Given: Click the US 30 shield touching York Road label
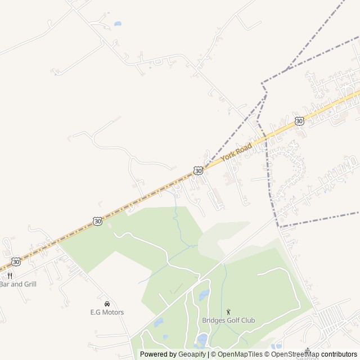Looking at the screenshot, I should tap(197, 170).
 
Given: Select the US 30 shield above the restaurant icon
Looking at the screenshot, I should tap(16, 262).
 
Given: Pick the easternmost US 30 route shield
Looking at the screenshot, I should tap(299, 121).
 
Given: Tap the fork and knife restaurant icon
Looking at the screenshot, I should tap(10, 276).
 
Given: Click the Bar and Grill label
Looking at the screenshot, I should tap(18, 284).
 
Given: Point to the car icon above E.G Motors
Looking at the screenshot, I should tap(107, 304).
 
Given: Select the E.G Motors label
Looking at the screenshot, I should tap(107, 312).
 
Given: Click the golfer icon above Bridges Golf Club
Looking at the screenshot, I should tap(228, 312).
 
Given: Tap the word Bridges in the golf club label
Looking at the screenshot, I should tap(214, 321).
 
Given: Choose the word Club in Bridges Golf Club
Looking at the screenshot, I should tap(247, 321).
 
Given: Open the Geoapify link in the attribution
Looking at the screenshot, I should tap(192, 354).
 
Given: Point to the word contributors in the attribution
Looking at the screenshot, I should tap(339, 354).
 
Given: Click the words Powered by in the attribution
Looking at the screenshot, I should tap(159, 354).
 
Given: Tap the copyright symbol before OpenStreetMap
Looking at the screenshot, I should tap(268, 354).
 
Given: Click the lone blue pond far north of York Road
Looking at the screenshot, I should tap(117, 24).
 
